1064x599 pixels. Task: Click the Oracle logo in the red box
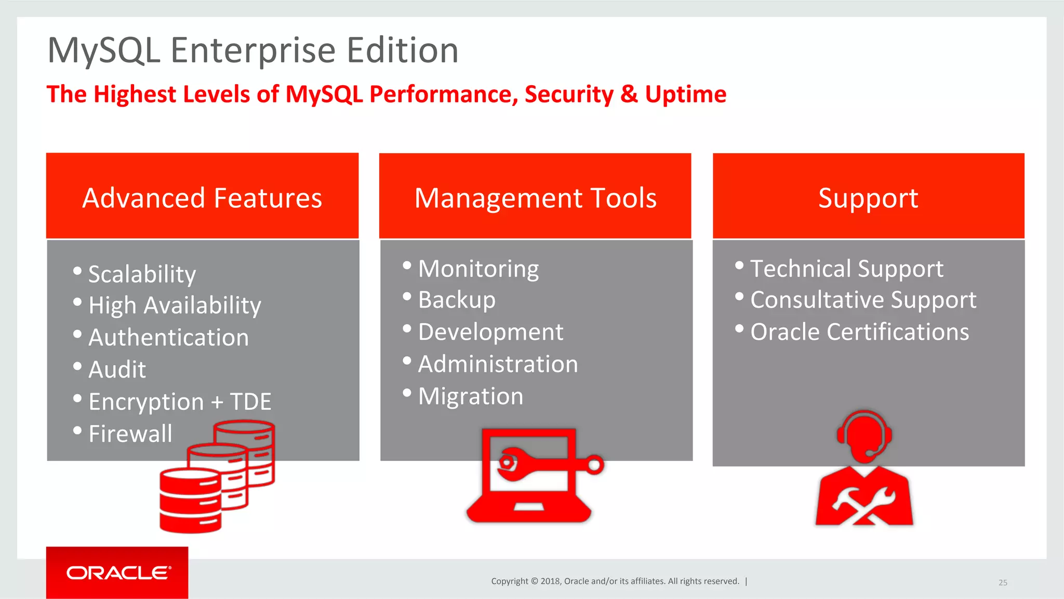pos(118,573)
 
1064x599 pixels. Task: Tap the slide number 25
pos(1003,582)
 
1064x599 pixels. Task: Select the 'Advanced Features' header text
pos(202,198)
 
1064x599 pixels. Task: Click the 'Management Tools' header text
pos(535,198)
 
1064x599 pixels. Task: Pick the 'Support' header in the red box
pos(868,198)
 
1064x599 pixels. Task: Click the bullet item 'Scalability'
pos(142,274)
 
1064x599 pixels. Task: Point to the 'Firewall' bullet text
pos(130,434)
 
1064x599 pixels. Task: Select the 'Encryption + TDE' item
pos(180,402)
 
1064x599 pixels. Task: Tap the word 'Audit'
pos(117,369)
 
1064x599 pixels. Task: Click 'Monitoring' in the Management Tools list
pos(478,269)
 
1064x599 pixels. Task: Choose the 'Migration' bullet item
pos(471,396)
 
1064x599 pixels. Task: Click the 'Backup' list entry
pos(457,300)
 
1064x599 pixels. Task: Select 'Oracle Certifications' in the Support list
pos(859,332)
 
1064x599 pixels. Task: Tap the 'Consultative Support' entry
pos(863,300)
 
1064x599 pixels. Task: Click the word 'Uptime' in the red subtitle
pos(685,94)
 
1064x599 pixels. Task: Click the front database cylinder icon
pos(190,500)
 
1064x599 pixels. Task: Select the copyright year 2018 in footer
pos(550,581)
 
